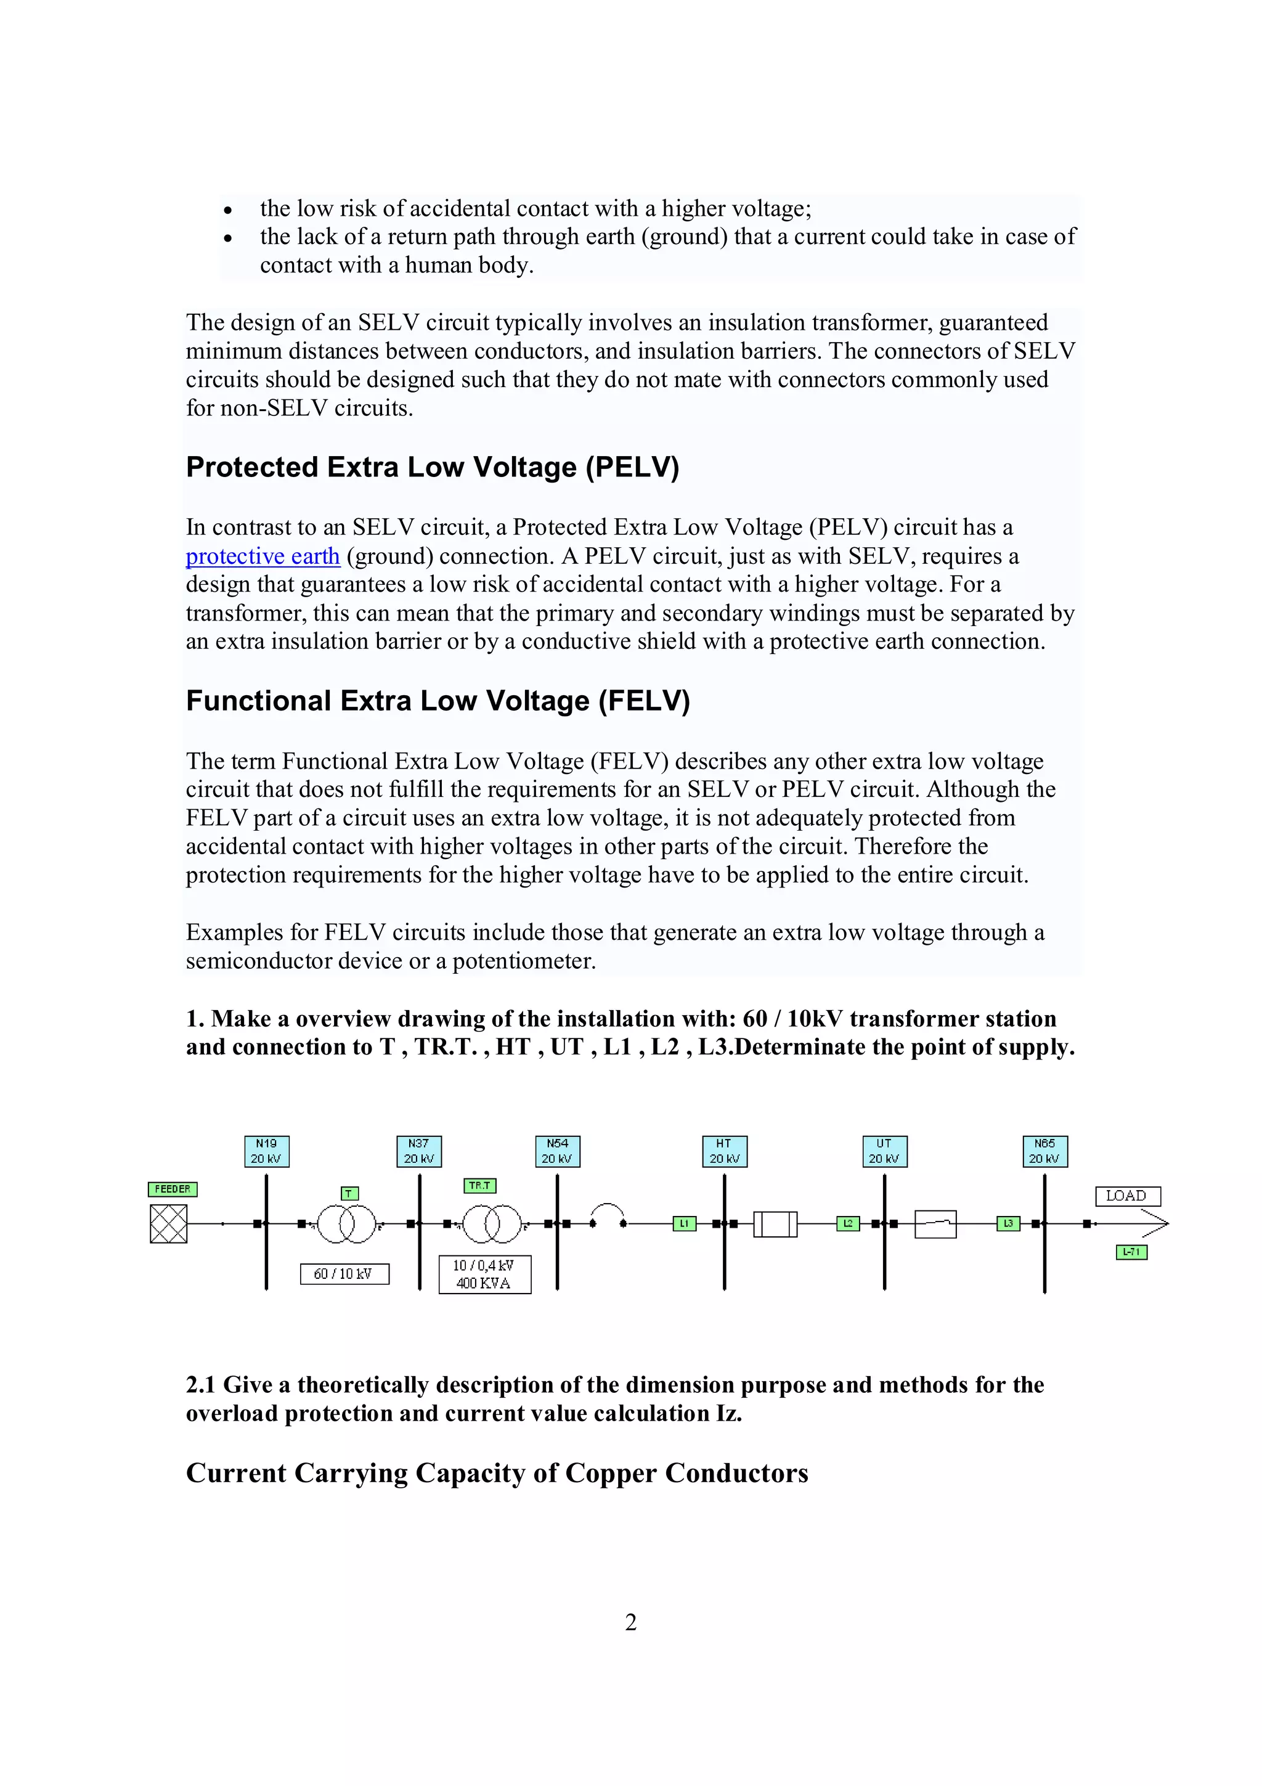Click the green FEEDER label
[x=173, y=1189]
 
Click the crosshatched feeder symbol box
[x=169, y=1223]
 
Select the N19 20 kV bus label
[x=266, y=1151]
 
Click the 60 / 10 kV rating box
[x=344, y=1273]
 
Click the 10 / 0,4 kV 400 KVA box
[x=484, y=1274]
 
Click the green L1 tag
[x=684, y=1223]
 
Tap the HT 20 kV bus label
[x=724, y=1151]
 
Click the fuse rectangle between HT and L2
[x=775, y=1225]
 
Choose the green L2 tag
[x=847, y=1223]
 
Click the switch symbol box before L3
[x=935, y=1225]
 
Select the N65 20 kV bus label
[x=1044, y=1151]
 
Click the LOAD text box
[x=1128, y=1196]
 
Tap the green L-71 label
[x=1131, y=1252]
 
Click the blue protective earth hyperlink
[x=263, y=556]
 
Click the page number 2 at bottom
[x=630, y=1622]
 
